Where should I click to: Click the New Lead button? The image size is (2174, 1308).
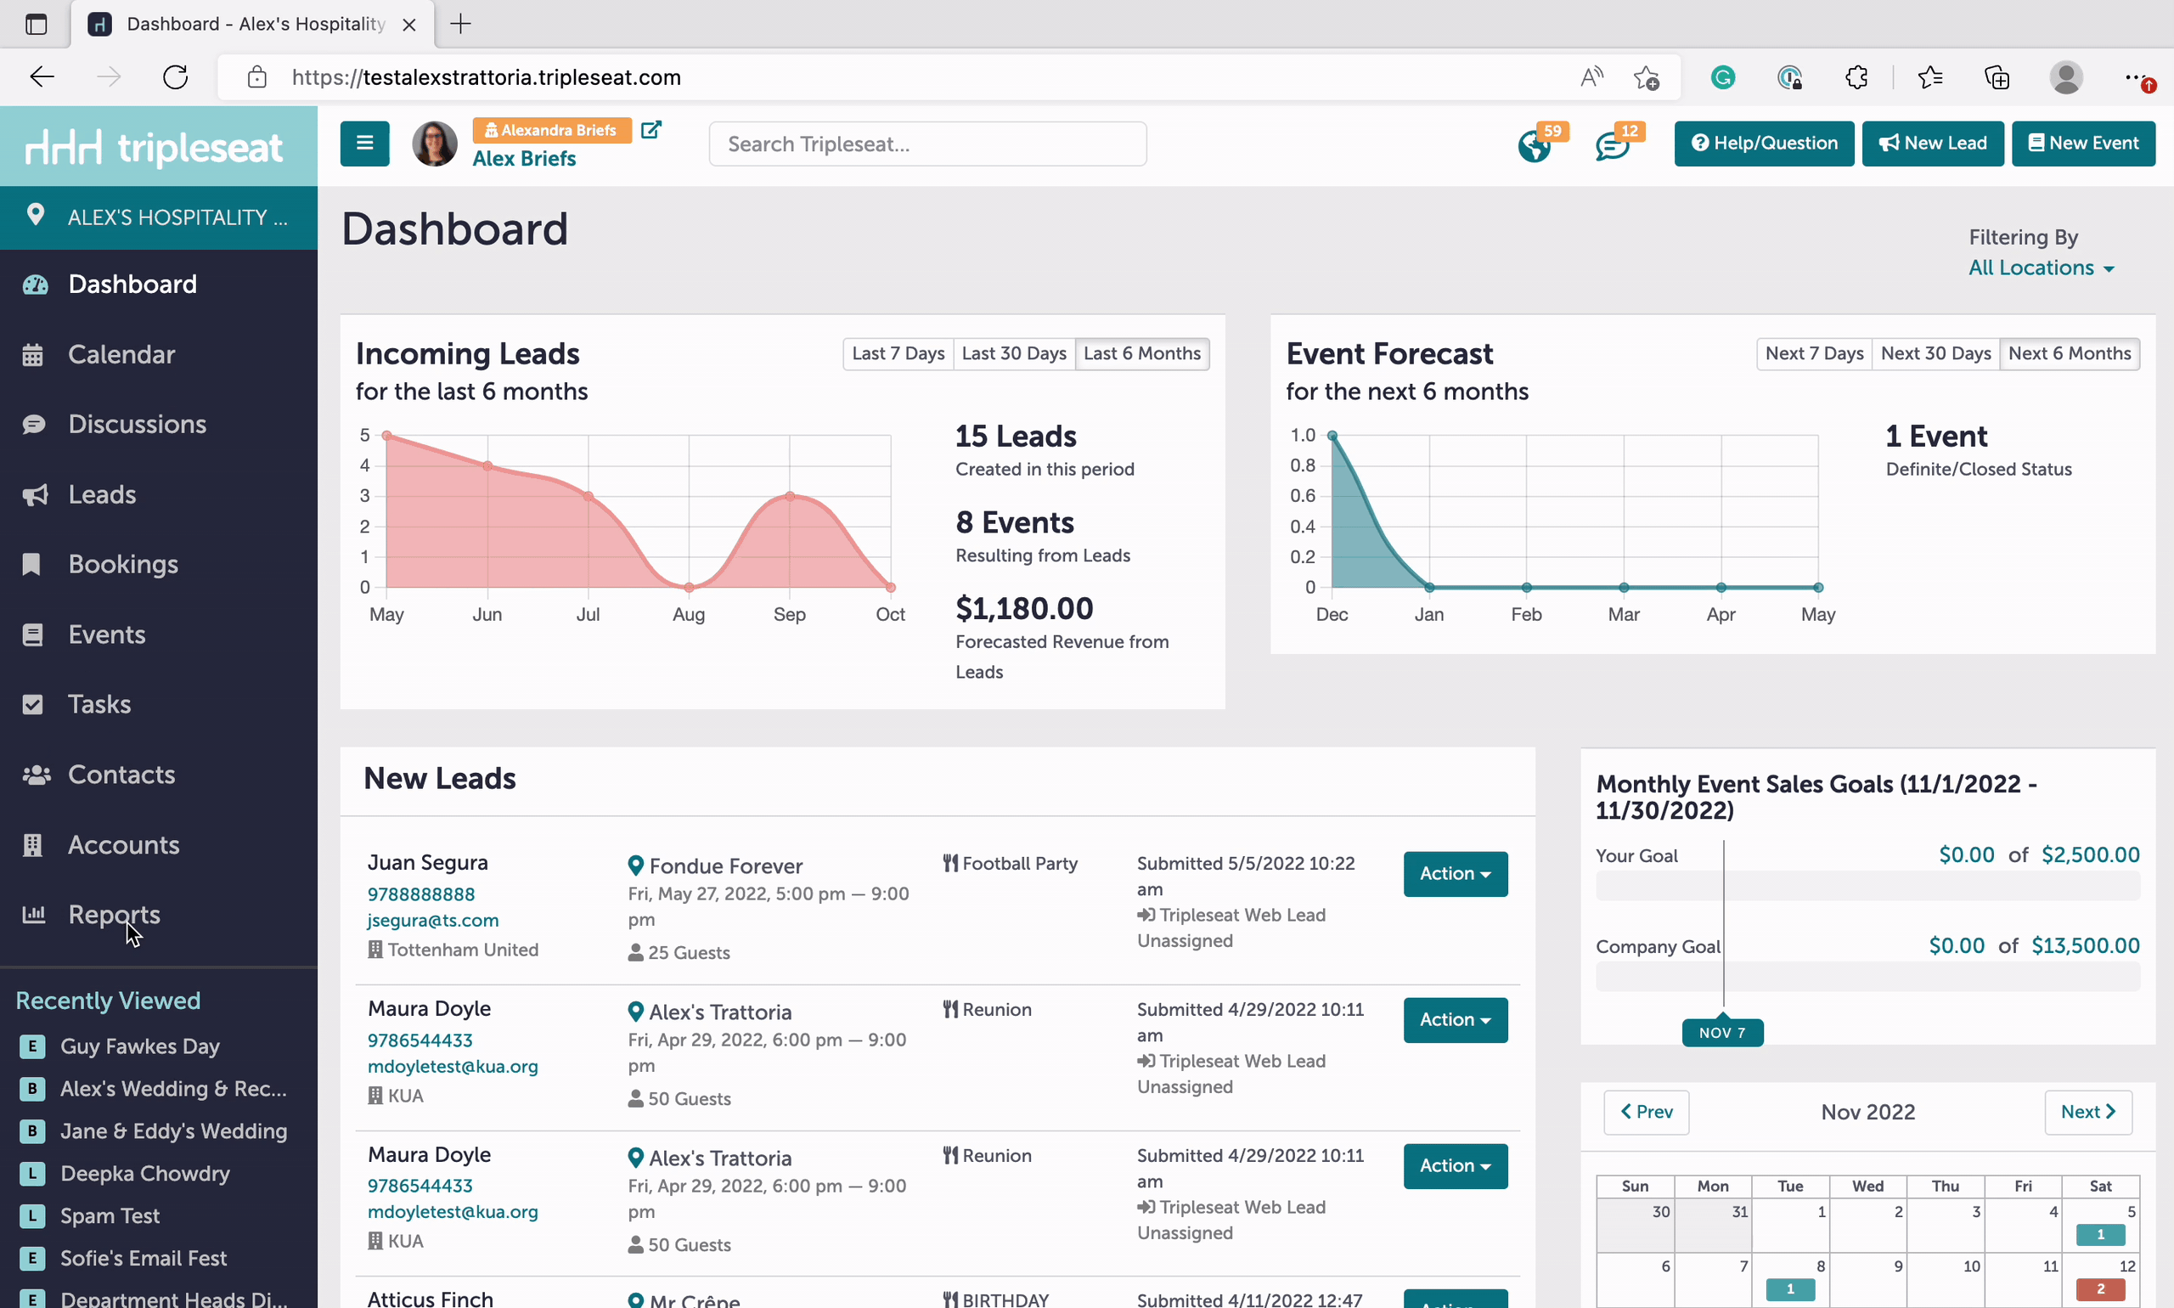tap(1933, 144)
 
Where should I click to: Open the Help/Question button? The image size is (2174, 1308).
tap(1764, 144)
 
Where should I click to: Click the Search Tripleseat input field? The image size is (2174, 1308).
tap(927, 144)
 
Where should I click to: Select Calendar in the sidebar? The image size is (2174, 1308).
tap(121, 354)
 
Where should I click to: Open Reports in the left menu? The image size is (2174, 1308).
tap(114, 914)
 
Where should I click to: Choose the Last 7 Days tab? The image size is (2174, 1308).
tap(898, 353)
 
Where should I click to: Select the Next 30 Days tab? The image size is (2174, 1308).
tap(1935, 353)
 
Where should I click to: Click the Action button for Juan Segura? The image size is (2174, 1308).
tap(1455, 873)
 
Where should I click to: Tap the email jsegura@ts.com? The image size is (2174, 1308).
tap(433, 920)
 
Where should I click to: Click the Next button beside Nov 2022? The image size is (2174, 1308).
tap(2087, 1113)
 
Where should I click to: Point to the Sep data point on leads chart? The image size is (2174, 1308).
tap(790, 496)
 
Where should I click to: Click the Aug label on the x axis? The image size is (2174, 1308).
tap(688, 614)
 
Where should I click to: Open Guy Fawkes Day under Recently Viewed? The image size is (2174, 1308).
tap(140, 1046)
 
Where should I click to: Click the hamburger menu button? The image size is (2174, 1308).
tap(365, 144)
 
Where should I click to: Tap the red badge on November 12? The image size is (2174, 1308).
tap(2100, 1288)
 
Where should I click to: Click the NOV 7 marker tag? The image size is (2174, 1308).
tap(1722, 1032)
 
